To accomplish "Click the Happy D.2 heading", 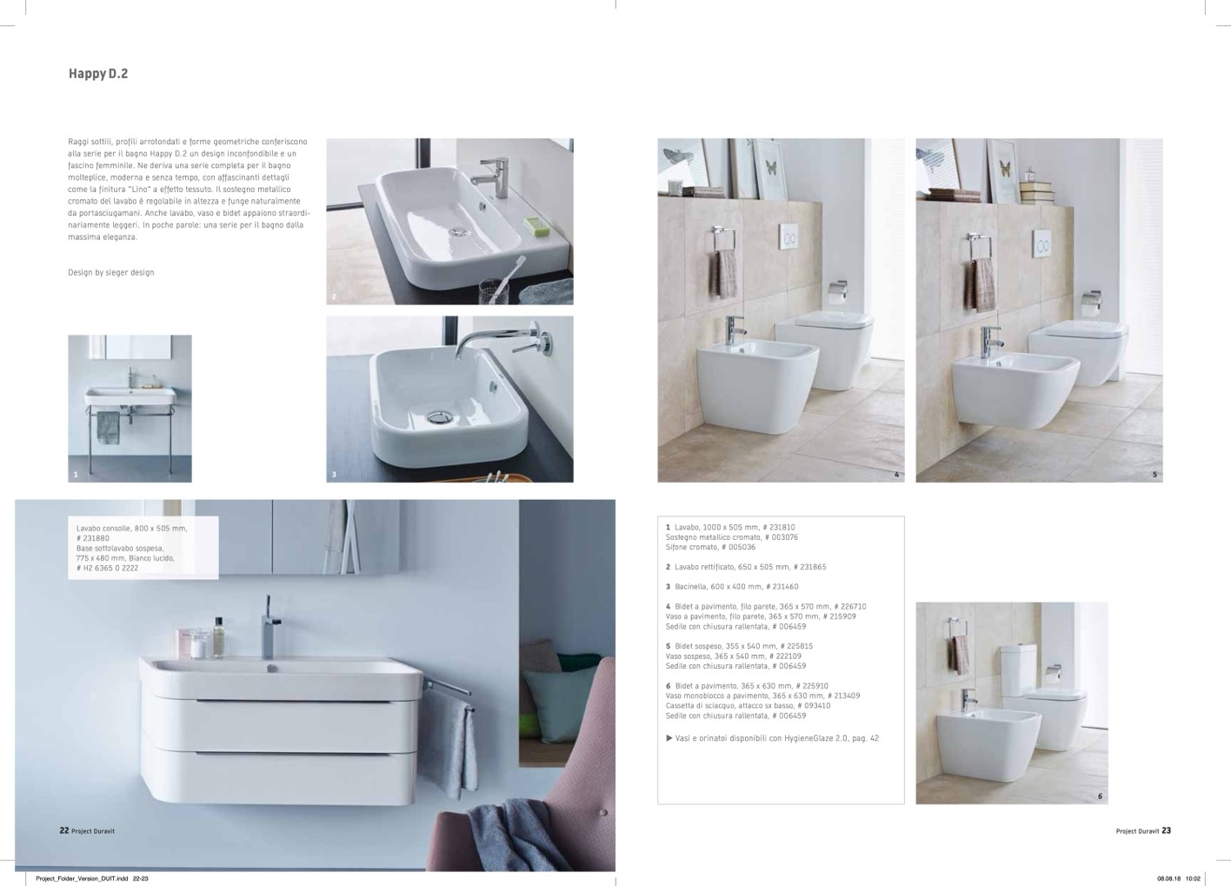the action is click(x=98, y=74).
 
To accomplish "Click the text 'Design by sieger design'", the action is click(x=111, y=273).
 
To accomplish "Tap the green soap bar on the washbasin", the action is click(x=534, y=223).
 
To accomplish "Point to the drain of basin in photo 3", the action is click(x=440, y=417).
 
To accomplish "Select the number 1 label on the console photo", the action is click(x=76, y=475).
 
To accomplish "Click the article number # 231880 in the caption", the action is click(x=93, y=538).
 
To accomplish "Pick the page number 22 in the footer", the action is click(x=64, y=830).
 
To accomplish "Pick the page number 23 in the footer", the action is click(x=1166, y=830).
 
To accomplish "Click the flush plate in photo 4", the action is click(x=789, y=236).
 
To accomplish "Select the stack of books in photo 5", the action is click(x=1036, y=192).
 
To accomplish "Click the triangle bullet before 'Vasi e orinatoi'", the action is click(x=669, y=738).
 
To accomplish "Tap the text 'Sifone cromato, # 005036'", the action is click(x=710, y=547).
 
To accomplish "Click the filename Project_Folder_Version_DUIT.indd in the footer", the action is click(x=82, y=878).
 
